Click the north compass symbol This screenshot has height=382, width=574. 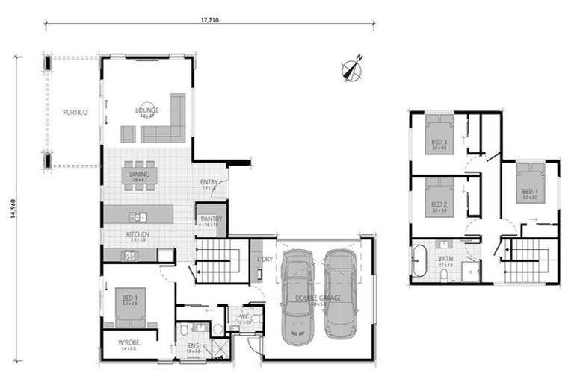(x=352, y=69)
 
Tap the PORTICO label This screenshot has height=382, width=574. (x=75, y=113)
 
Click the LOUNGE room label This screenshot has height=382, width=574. (x=146, y=111)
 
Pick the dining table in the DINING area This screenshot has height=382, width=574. (x=140, y=175)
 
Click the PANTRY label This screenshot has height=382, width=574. (x=211, y=219)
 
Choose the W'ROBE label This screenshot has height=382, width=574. (x=129, y=344)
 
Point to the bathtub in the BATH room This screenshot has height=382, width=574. (x=418, y=263)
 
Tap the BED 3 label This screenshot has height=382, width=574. (x=439, y=142)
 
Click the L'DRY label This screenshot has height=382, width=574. (x=264, y=259)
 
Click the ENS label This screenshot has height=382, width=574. (x=194, y=345)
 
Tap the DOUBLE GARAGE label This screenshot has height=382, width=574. (x=318, y=298)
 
